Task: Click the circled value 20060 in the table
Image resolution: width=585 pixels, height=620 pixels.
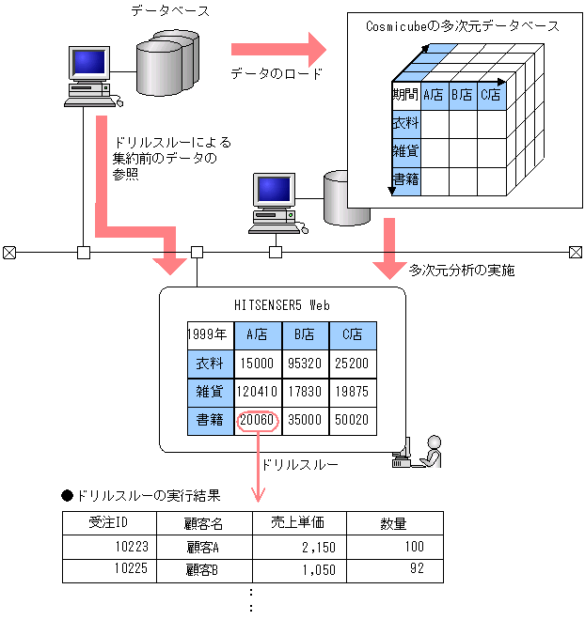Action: [258, 420]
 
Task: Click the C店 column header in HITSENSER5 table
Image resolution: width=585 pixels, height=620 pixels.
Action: [353, 333]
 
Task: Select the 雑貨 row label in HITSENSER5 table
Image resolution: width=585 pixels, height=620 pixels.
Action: [210, 392]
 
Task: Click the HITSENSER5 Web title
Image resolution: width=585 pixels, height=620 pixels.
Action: [282, 304]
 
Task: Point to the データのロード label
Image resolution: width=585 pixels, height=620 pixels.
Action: [277, 73]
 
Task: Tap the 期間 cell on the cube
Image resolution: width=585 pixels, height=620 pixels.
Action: [405, 94]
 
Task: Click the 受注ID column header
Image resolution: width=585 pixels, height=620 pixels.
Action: [108, 523]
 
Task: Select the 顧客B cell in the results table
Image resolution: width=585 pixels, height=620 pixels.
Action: [203, 569]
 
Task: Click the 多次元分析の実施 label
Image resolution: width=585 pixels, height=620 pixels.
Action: [461, 270]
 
